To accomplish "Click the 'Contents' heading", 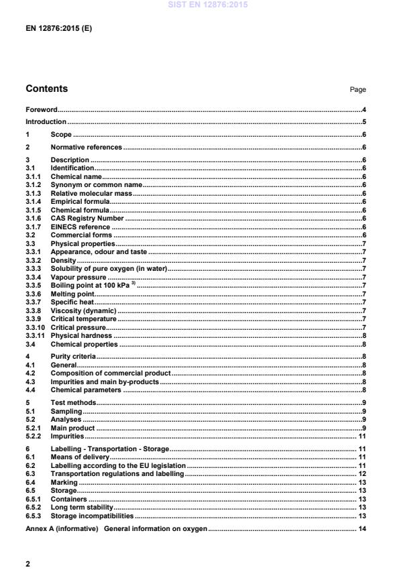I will [x=46, y=89].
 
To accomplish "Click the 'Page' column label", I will [x=358, y=90].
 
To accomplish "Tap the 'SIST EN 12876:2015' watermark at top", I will [x=207, y=4].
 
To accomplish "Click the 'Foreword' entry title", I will [x=41, y=109].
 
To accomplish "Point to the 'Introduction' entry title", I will [x=46, y=122].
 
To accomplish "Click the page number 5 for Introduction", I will [x=363, y=122].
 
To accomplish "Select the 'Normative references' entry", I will [x=87, y=147].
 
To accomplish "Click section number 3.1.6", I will [x=34, y=217].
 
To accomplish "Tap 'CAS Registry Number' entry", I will [x=87, y=217].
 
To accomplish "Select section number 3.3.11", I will [x=35, y=335].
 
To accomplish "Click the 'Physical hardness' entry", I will [x=81, y=335].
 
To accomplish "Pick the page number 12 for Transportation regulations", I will [x=362, y=473].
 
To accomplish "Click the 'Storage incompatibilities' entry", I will [x=92, y=516].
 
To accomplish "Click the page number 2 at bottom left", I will [x=28, y=564].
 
